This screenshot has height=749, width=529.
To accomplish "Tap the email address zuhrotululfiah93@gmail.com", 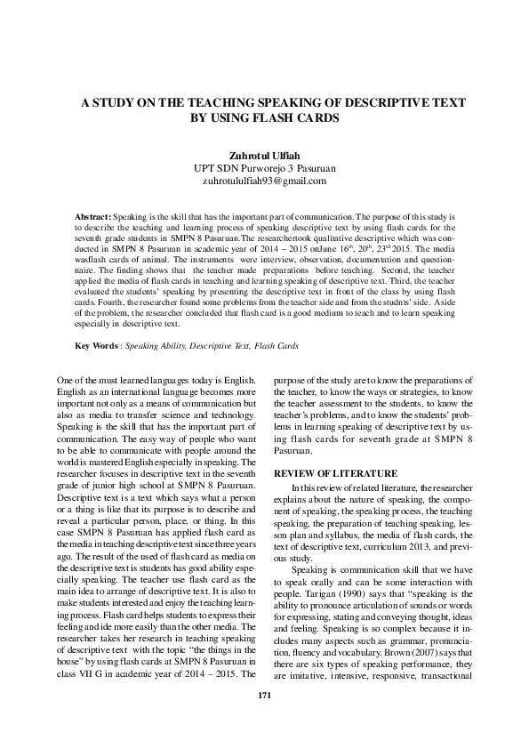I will point(265,181).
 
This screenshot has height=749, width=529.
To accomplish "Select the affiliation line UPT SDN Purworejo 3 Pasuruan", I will point(265,167).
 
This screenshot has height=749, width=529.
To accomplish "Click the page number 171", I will point(263,720).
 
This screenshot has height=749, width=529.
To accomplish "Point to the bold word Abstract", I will point(92,216).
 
